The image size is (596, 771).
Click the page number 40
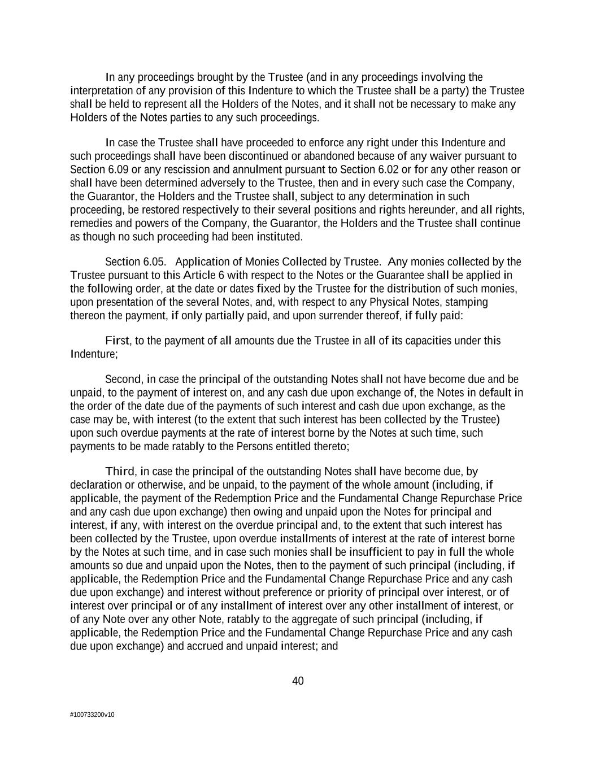[x=298, y=681]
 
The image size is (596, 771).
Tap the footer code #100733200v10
[x=92, y=715]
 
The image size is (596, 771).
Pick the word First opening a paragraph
[x=117, y=341]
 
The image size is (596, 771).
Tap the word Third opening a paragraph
[x=120, y=471]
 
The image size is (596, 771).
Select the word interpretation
[x=100, y=91]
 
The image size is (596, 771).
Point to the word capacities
[x=419, y=341]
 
